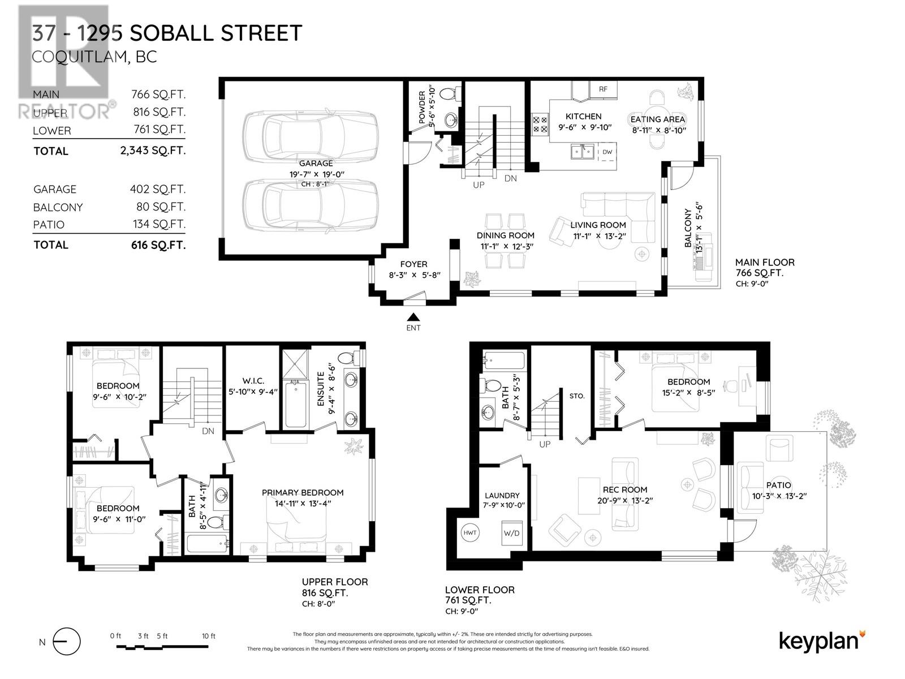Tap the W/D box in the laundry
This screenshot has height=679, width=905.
point(511,533)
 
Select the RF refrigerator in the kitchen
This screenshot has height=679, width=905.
point(603,89)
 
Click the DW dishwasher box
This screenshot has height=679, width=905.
point(607,152)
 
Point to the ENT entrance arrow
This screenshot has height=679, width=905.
point(413,317)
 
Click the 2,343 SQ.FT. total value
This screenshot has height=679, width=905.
point(150,151)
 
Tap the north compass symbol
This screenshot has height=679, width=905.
point(66,642)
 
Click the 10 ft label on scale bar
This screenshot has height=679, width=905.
point(209,636)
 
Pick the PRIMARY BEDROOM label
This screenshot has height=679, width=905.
point(303,493)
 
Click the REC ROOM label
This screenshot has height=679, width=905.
point(625,490)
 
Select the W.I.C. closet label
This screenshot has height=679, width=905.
point(253,381)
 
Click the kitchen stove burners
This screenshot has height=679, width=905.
point(540,124)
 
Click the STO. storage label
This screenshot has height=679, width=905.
point(576,396)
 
